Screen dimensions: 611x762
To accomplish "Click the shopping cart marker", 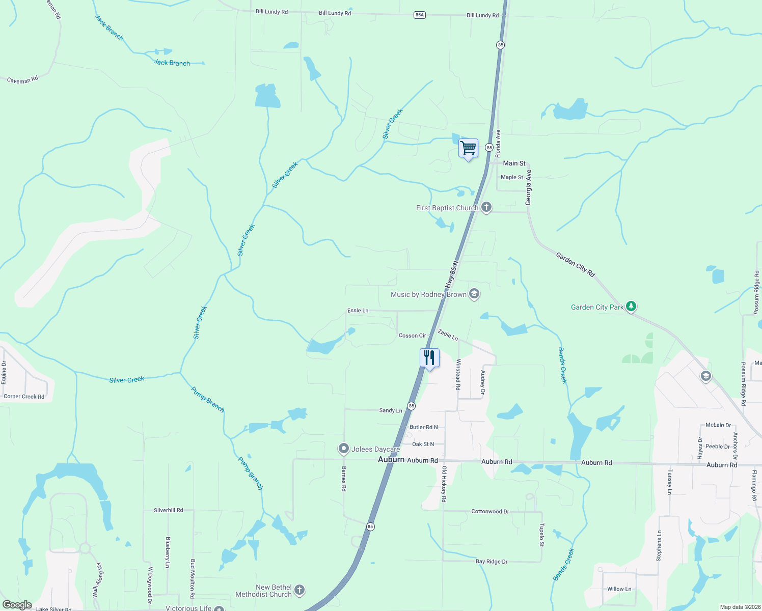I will tap(468, 149).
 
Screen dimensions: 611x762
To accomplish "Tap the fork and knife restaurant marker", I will tap(429, 358).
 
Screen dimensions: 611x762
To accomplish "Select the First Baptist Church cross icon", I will tap(486, 207).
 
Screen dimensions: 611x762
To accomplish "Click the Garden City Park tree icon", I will tap(631, 307).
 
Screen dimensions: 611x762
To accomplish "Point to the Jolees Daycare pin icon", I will tap(344, 449).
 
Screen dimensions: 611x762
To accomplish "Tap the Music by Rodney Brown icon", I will tap(474, 294).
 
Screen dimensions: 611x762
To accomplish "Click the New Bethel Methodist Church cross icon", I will tap(300, 590).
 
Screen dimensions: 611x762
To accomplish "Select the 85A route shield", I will tap(419, 15).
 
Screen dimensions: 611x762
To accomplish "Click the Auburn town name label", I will tap(391, 459).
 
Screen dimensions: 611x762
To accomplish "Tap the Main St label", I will tap(514, 163).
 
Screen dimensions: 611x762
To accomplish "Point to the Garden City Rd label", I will tap(575, 264).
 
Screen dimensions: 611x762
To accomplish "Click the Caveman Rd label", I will tap(22, 80).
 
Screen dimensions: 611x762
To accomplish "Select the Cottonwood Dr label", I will tap(490, 511).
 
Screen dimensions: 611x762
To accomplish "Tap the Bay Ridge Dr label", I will tap(492, 561).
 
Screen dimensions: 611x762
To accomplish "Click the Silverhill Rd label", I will tap(169, 510).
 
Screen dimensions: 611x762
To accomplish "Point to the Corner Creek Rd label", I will tap(24, 396).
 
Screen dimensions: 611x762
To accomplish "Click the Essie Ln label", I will tap(358, 310).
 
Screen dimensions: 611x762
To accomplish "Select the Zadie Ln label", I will tap(448, 335).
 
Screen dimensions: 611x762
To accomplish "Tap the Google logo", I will tap(17, 605).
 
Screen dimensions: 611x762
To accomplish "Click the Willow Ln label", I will tap(619, 589).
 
